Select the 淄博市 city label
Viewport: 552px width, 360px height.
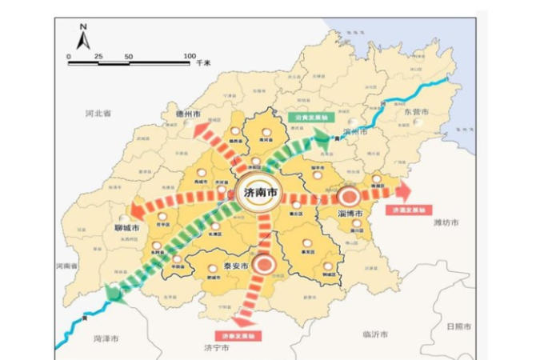pos(352,214)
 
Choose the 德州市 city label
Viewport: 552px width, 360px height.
pos(190,114)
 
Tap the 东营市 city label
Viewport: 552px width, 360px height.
pos(416,112)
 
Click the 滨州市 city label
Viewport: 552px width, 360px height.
pos(354,131)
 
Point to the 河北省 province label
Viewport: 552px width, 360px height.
pos(98,114)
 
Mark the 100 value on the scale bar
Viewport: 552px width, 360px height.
pos(190,56)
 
